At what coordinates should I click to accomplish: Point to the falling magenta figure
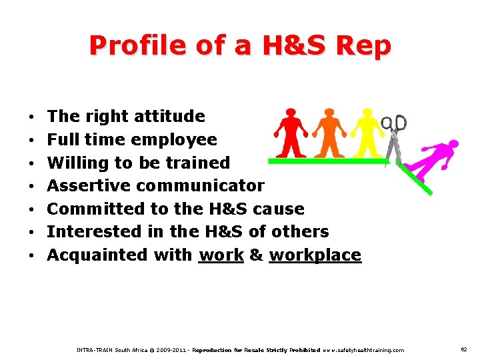(433, 159)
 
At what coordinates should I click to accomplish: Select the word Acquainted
(98, 255)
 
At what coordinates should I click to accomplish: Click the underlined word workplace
(315, 255)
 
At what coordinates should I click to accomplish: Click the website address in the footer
(363, 350)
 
